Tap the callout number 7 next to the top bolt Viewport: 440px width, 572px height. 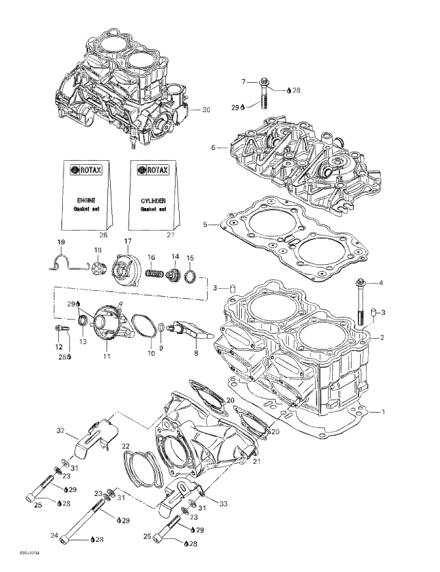point(243,82)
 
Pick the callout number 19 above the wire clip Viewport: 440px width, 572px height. point(60,244)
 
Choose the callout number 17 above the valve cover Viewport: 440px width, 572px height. point(127,241)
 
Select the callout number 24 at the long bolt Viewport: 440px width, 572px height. point(53,536)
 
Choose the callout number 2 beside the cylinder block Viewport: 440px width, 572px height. point(383,337)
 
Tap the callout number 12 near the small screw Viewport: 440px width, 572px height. point(58,347)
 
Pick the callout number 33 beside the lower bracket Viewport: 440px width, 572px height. point(223,504)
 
